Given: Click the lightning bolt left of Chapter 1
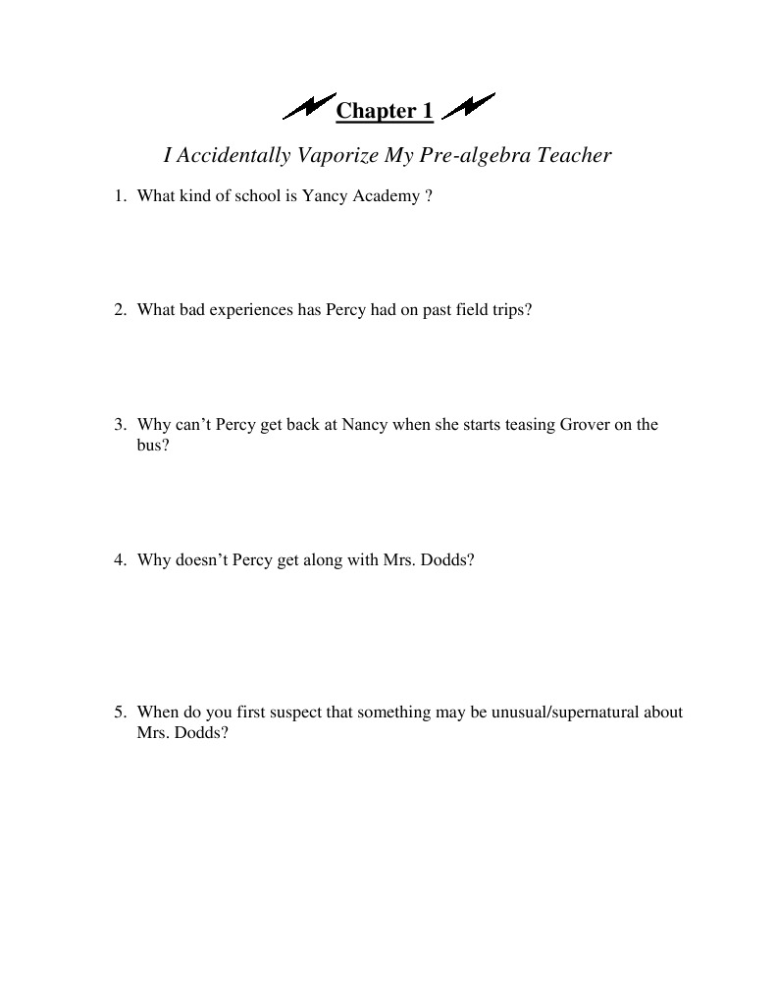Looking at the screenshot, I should [x=308, y=107].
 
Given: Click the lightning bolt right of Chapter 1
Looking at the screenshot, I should [x=468, y=106].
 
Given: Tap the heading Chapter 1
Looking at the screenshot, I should [x=385, y=111].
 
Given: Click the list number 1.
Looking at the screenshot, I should [x=119, y=196].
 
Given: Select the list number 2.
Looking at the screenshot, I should [x=119, y=310].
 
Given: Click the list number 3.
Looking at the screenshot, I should [x=119, y=425].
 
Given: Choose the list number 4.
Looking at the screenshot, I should [x=119, y=560].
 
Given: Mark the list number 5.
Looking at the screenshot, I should [x=119, y=713].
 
